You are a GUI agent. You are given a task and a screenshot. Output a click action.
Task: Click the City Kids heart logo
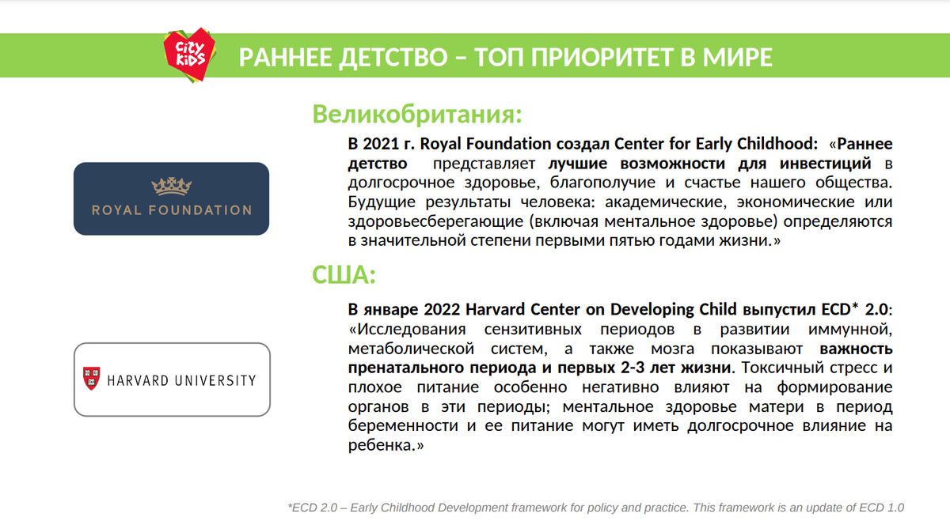[x=189, y=55]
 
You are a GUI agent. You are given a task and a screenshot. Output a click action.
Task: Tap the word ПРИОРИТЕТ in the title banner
[x=602, y=57]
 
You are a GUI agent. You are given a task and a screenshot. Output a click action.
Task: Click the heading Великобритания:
[x=417, y=115]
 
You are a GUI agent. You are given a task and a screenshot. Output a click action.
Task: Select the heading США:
[x=344, y=274]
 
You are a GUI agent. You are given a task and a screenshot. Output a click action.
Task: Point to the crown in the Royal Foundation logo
[x=171, y=187]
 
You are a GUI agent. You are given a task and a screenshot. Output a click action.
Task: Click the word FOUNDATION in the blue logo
[x=200, y=210]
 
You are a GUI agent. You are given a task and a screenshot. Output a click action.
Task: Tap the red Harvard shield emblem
[x=92, y=378]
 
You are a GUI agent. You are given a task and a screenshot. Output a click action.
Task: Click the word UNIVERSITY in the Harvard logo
[x=215, y=380]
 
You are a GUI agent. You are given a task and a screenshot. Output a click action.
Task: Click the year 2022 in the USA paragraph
[x=442, y=310]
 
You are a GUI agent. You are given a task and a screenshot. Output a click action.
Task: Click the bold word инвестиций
[x=825, y=164]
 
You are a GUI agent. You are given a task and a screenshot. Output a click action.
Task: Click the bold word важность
[x=856, y=349]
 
